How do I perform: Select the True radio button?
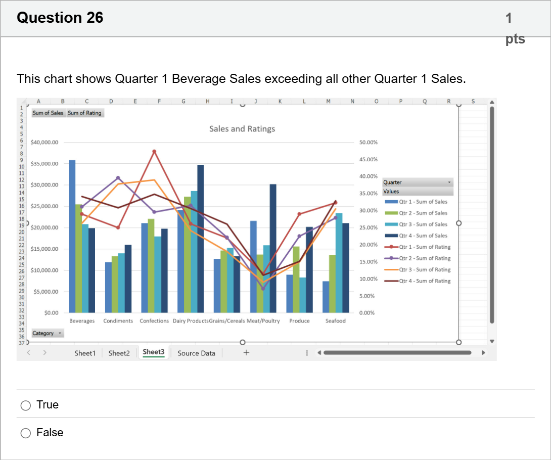tap(26, 405)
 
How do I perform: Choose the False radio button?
tap(26, 433)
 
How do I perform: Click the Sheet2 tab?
tap(119, 353)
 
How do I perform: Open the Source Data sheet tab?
tap(196, 353)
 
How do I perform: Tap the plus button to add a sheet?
tap(246, 352)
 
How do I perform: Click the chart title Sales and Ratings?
tap(242, 129)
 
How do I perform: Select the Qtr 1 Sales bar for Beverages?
tap(72, 236)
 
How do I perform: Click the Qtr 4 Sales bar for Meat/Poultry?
tap(273, 248)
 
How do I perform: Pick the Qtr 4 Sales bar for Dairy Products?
tap(201, 239)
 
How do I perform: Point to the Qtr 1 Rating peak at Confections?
tap(154, 152)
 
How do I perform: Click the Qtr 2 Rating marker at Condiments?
tap(118, 178)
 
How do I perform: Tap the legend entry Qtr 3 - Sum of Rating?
tap(418, 269)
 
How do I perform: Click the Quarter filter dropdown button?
tap(449, 182)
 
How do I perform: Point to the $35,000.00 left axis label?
tap(44, 164)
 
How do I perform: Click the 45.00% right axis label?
tap(369, 160)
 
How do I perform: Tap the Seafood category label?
tap(336, 321)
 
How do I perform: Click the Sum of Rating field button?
tap(85, 113)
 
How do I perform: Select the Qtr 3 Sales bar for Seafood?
tap(339, 263)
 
